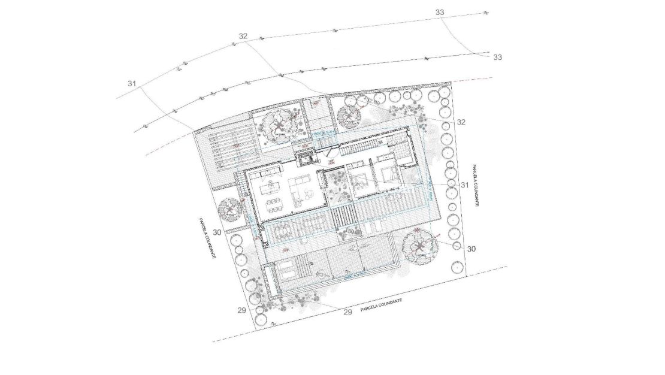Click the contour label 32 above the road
point(243,37)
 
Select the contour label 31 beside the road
point(132,83)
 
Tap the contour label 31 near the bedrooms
point(464,185)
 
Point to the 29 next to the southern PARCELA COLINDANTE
point(347,312)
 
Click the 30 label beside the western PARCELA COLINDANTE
point(217,232)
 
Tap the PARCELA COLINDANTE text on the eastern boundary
point(474,186)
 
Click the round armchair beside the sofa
point(309,193)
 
